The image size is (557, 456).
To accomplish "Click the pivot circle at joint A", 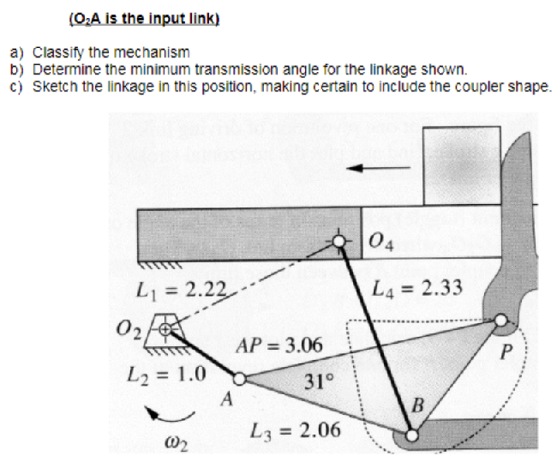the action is pyautogui.click(x=240, y=377).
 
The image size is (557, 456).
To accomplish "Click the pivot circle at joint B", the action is pyautogui.click(x=413, y=435).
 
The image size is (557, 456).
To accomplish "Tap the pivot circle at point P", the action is pyautogui.click(x=500, y=322).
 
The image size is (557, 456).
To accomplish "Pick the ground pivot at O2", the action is pyautogui.click(x=168, y=328).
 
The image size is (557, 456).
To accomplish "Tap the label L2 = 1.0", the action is pyautogui.click(x=167, y=374).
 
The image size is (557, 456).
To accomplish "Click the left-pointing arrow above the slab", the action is pyautogui.click(x=377, y=167).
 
